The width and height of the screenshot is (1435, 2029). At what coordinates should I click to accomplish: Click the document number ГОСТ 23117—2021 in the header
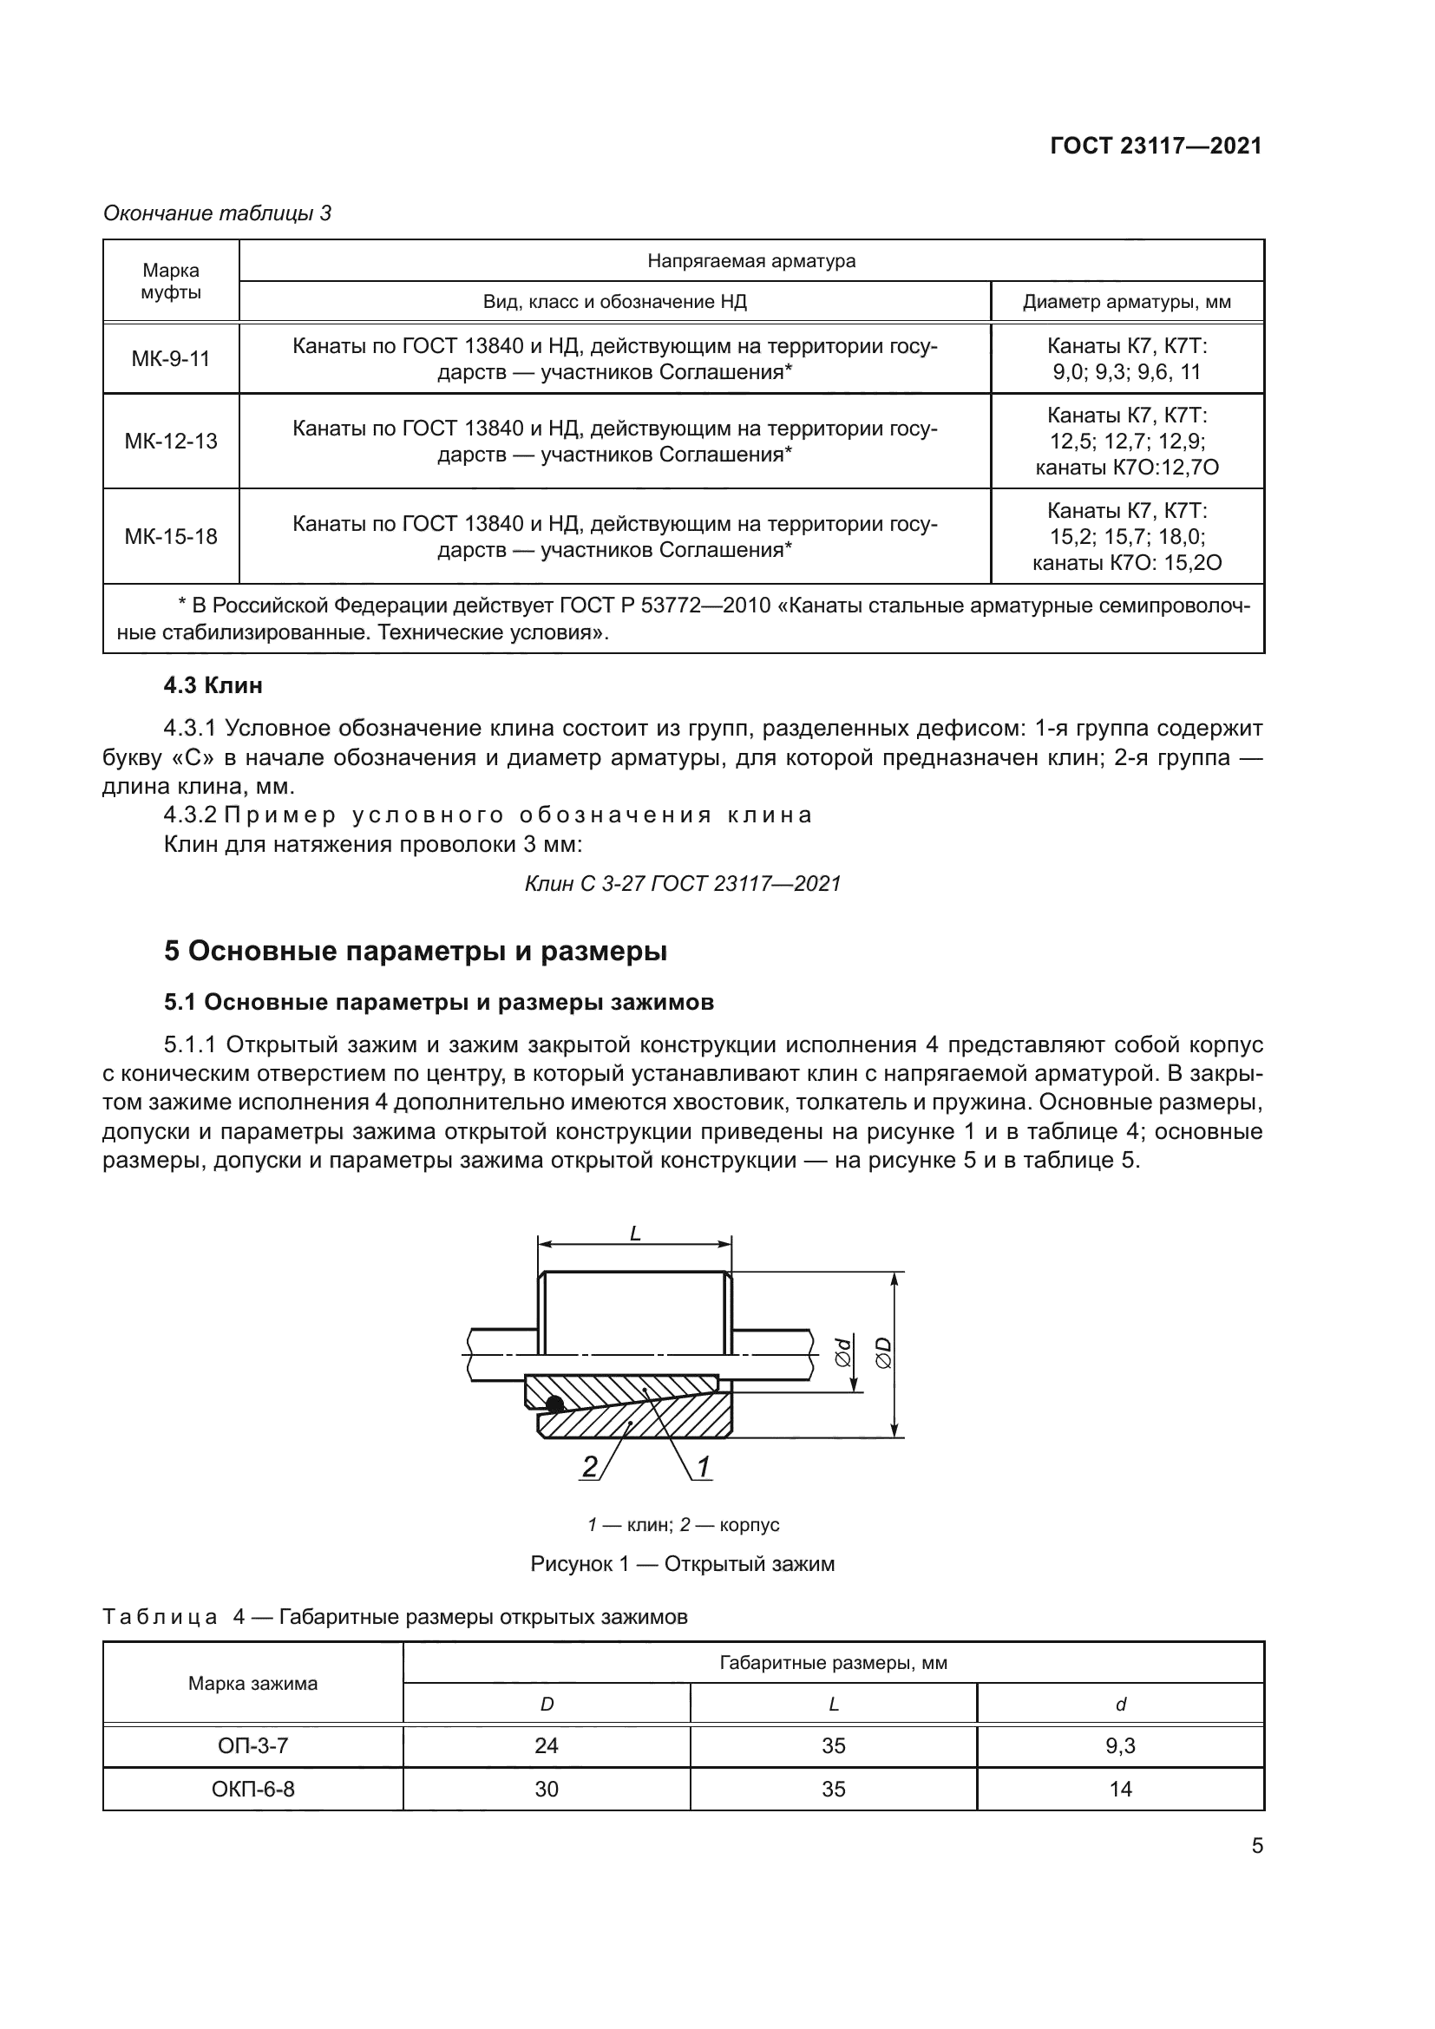(x=1155, y=146)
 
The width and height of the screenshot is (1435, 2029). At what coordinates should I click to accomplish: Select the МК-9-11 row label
(x=171, y=359)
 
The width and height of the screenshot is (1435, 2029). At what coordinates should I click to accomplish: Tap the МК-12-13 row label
(x=171, y=441)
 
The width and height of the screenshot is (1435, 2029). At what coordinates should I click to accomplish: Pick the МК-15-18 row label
(x=171, y=536)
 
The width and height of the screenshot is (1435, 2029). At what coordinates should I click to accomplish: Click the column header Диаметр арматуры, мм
(x=1127, y=302)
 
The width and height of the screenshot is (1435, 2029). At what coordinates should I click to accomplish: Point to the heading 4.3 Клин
(x=213, y=685)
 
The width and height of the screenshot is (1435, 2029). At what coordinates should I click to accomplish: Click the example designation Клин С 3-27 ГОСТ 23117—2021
(x=682, y=883)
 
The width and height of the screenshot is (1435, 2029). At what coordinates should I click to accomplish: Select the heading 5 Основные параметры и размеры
(x=416, y=951)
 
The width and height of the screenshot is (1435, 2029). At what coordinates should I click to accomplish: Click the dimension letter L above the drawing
(x=634, y=1234)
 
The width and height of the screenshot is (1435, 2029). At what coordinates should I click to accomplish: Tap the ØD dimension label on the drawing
(x=882, y=1352)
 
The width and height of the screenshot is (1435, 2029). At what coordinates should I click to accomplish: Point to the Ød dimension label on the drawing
(x=843, y=1352)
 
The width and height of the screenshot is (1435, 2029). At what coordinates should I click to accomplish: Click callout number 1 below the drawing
(x=704, y=1468)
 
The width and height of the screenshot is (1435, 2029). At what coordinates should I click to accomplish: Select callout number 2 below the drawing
(x=588, y=1468)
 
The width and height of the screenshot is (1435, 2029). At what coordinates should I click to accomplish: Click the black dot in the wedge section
(x=554, y=1404)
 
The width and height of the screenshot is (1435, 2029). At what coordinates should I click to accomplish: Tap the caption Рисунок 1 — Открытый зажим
(x=682, y=1563)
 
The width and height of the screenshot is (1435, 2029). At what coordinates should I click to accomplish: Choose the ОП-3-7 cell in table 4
(x=252, y=1745)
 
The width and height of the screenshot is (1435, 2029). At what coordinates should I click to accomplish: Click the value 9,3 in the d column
(x=1119, y=1745)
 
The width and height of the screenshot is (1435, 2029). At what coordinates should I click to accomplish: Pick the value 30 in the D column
(x=546, y=1789)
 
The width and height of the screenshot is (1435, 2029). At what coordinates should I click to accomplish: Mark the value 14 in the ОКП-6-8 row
(x=1119, y=1789)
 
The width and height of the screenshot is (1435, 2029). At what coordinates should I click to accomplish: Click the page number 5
(x=1256, y=1846)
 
